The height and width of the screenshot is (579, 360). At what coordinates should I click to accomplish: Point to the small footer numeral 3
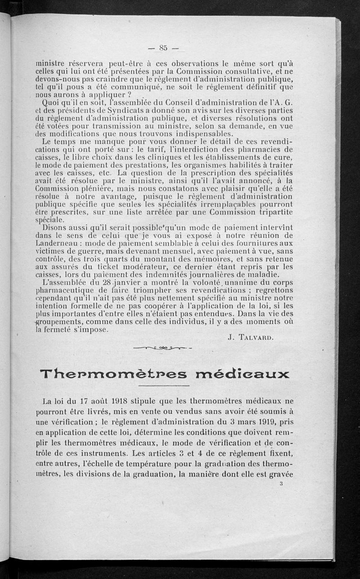coord(280,484)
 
